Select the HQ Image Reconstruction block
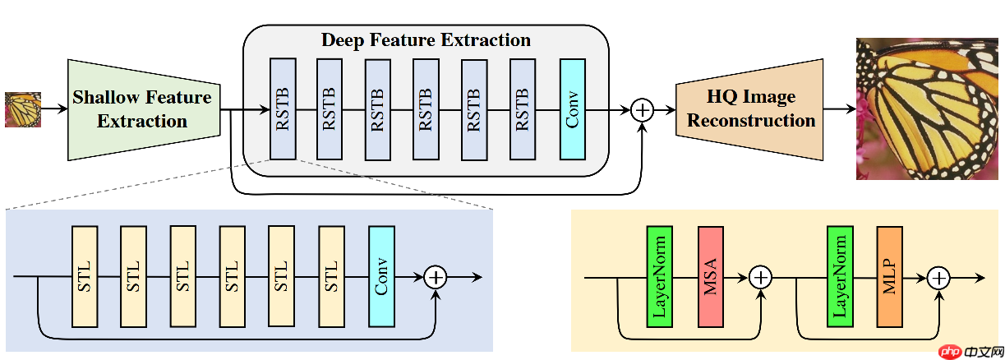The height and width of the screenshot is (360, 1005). tap(749, 109)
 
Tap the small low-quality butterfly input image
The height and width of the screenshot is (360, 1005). tap(22, 109)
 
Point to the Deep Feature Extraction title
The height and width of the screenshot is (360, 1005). tap(426, 40)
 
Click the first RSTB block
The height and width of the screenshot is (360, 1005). tap(282, 108)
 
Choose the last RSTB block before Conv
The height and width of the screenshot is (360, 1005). tap(523, 108)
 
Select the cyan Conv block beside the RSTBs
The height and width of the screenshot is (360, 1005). tap(572, 108)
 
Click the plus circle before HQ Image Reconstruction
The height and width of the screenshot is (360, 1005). tap(642, 109)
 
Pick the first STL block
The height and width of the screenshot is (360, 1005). tap(85, 275)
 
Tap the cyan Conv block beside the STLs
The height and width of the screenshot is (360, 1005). tap(382, 275)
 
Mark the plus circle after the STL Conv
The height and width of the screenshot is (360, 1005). tap(436, 276)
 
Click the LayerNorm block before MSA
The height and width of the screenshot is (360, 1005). tap(659, 277)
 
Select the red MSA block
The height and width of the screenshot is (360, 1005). tap(709, 277)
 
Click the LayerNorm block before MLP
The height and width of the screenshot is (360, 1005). tap(840, 277)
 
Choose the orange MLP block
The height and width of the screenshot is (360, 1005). tap(889, 277)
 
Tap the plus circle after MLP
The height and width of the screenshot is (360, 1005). tap(938, 277)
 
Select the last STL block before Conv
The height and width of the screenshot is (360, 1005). tap(332, 275)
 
